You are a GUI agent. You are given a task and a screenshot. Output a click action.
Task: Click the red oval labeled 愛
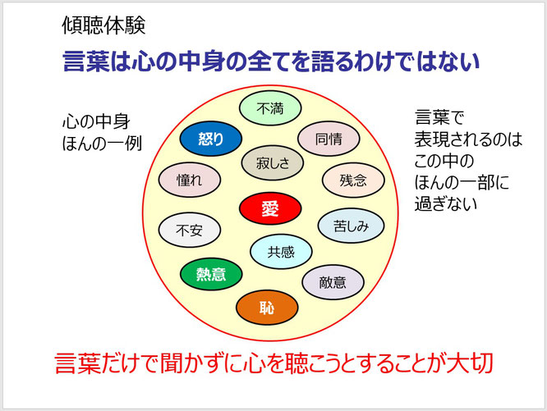point(270,208)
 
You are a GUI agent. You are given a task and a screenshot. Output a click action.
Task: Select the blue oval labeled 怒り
point(211,139)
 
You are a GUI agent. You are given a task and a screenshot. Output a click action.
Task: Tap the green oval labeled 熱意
point(211,274)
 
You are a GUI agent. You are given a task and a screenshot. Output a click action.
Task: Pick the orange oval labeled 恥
point(267,307)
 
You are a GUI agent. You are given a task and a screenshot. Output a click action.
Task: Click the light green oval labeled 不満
point(270,108)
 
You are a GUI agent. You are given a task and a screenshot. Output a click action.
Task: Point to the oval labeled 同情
point(329,139)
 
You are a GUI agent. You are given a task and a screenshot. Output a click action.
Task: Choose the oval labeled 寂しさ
point(273,162)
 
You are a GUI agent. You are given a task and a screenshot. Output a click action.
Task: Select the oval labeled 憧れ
point(190,180)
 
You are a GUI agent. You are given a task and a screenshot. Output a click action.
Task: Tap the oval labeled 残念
point(353,180)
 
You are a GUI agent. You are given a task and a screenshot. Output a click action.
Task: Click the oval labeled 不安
point(190,231)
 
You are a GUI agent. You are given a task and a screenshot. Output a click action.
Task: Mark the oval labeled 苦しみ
point(351,226)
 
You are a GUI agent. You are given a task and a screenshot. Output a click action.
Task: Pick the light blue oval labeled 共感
point(281,252)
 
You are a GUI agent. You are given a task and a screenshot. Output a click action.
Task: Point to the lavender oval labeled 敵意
point(333,282)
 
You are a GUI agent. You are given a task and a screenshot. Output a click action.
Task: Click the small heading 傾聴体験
point(103,25)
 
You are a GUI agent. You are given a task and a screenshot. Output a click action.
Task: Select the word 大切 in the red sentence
point(470,363)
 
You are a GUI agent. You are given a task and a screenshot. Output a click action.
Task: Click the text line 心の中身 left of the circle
point(96,121)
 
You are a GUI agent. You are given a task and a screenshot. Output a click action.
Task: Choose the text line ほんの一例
point(102,144)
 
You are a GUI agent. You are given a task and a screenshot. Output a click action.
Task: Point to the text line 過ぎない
point(446,203)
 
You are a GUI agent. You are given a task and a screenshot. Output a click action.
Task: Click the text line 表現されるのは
point(468,139)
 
